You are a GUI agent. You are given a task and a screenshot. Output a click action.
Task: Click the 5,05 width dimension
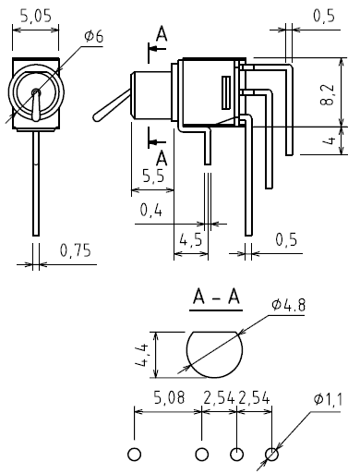pyautogui.click(x=36, y=16)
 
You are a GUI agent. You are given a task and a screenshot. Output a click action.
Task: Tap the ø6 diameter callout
pyautogui.click(x=94, y=37)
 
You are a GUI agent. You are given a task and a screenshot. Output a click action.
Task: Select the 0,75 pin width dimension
pyautogui.click(x=76, y=250)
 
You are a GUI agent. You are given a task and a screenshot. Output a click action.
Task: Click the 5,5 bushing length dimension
pyautogui.click(x=153, y=176)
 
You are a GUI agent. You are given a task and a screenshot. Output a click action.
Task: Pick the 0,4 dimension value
pyautogui.click(x=150, y=211)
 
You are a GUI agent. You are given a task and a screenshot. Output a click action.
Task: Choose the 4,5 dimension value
pyautogui.click(x=191, y=239)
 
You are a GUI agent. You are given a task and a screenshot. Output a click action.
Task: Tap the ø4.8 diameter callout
pyautogui.click(x=289, y=305)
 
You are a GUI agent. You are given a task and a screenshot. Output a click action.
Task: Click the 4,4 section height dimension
pyautogui.click(x=142, y=355)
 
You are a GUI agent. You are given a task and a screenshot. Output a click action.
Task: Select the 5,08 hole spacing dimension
pyautogui.click(x=170, y=397)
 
